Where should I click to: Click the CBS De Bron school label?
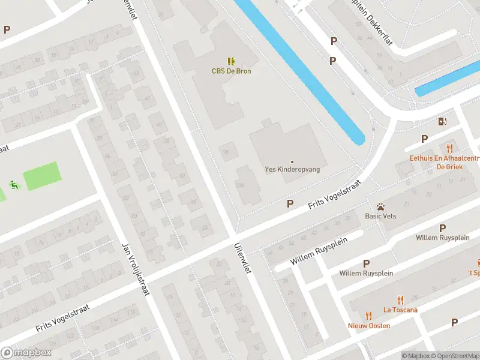point(231,71)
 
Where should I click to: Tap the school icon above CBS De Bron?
point(231,61)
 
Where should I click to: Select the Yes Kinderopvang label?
point(292,170)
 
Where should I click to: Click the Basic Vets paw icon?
point(380,206)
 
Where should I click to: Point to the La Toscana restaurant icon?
point(400,300)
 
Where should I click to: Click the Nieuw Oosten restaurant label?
point(369,326)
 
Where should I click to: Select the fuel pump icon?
point(443,121)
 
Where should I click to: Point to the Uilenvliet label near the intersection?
point(242,259)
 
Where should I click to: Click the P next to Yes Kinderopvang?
point(290,204)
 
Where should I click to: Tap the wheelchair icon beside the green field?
point(13,185)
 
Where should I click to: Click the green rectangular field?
point(42,176)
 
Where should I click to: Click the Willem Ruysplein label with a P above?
point(366,273)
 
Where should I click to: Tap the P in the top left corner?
point(7,29)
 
